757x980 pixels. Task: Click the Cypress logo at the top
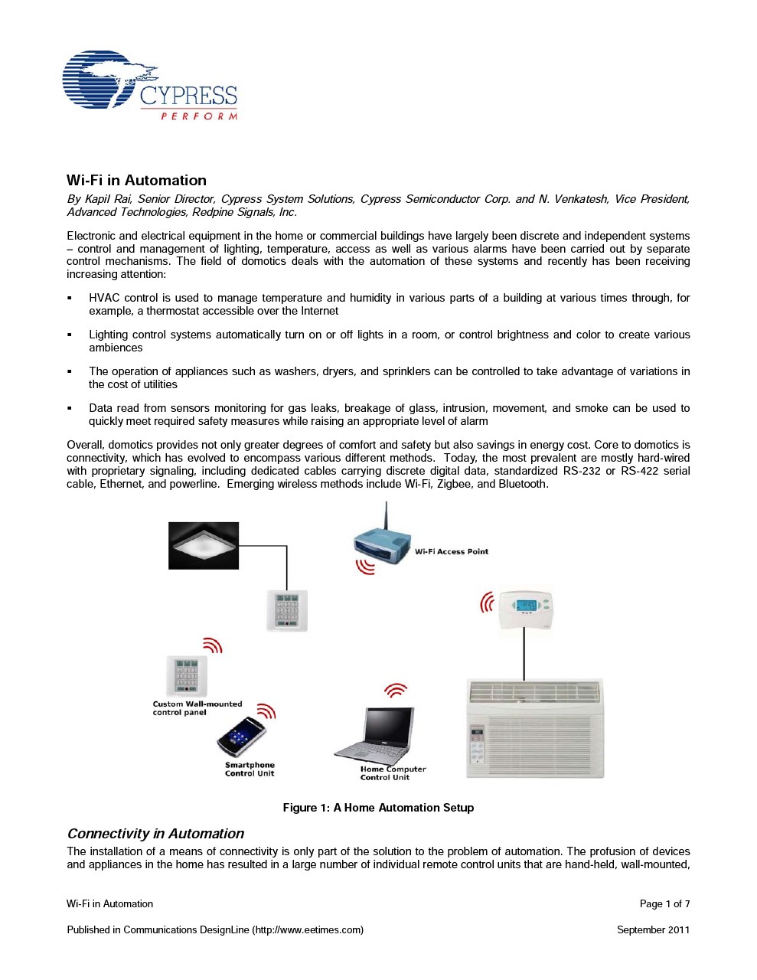(x=149, y=86)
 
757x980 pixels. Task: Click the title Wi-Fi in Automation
(x=136, y=181)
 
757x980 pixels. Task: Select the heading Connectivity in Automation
(x=155, y=834)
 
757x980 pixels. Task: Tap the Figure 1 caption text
(x=378, y=808)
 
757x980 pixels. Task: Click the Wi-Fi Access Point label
(x=452, y=551)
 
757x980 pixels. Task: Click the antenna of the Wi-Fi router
(x=386, y=517)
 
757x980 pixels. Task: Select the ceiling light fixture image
(x=204, y=545)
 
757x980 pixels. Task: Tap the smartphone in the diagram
(x=241, y=736)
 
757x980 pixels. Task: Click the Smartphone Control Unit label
(x=250, y=769)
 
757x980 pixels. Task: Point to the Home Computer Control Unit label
(x=393, y=773)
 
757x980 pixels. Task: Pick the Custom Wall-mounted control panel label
(x=197, y=708)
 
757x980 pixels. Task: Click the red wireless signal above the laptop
(x=395, y=691)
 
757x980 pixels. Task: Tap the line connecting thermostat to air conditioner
(x=524, y=655)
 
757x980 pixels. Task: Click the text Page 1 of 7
(x=664, y=904)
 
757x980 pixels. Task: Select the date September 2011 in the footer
(x=653, y=930)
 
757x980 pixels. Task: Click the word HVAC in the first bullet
(x=104, y=298)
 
